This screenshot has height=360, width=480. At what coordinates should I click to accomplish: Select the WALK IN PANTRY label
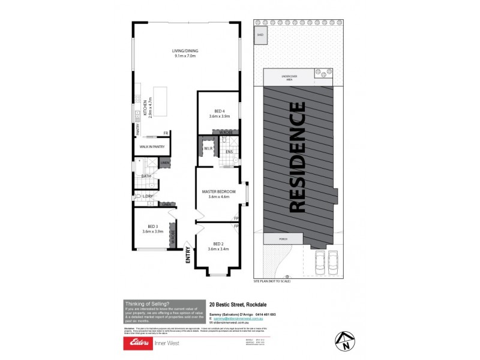[152, 146]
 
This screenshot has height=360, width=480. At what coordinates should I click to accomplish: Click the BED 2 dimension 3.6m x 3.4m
[218, 249]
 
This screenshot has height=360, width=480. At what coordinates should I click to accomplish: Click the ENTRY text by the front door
[188, 256]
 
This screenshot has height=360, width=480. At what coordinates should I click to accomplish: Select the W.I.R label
[208, 148]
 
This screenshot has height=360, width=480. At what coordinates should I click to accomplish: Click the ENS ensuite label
[229, 152]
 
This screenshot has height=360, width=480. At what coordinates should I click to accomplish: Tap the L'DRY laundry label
[148, 196]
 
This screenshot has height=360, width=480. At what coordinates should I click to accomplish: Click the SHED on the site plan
[260, 35]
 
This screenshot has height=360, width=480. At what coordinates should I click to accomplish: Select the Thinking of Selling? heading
[147, 304]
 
